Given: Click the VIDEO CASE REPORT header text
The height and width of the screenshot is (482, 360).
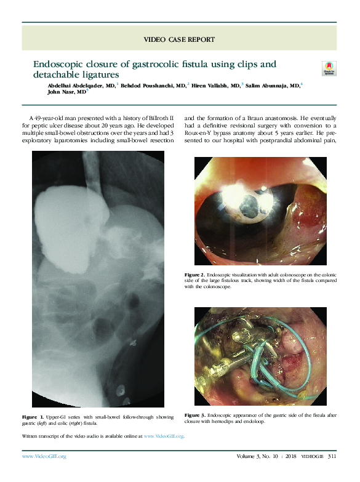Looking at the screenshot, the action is pos(179,39).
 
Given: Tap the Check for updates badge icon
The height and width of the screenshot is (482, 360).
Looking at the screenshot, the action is pos(329,68).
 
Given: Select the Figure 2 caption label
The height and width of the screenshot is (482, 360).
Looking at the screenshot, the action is pos(194,274).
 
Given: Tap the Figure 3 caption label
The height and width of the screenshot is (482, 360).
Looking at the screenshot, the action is pos(194,415).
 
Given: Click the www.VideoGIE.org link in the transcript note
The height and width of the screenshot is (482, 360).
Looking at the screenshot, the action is pos(164,436).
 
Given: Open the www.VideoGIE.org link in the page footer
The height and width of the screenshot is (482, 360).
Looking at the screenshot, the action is pos(44,456).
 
